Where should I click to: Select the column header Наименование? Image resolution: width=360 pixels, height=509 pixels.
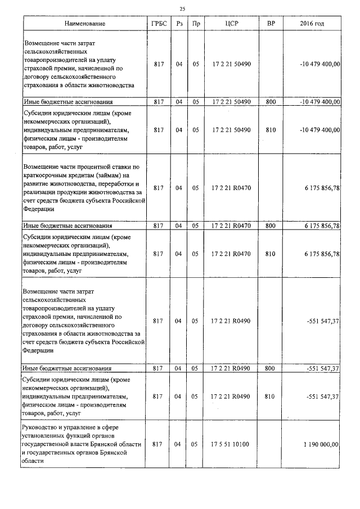click(x=84, y=24)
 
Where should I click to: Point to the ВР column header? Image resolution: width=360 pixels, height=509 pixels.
click(x=269, y=24)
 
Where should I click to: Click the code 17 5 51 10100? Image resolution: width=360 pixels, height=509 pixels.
click(x=231, y=444)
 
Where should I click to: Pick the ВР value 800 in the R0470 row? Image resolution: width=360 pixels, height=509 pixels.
click(x=269, y=226)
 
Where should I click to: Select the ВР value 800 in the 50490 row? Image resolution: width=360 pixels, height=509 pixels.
click(x=269, y=102)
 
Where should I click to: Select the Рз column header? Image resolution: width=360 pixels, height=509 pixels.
click(x=179, y=24)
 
